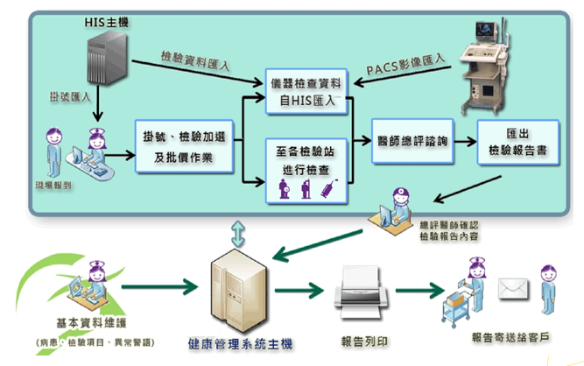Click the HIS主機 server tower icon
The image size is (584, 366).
click(x=105, y=58)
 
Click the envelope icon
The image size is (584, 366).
click(x=512, y=288)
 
